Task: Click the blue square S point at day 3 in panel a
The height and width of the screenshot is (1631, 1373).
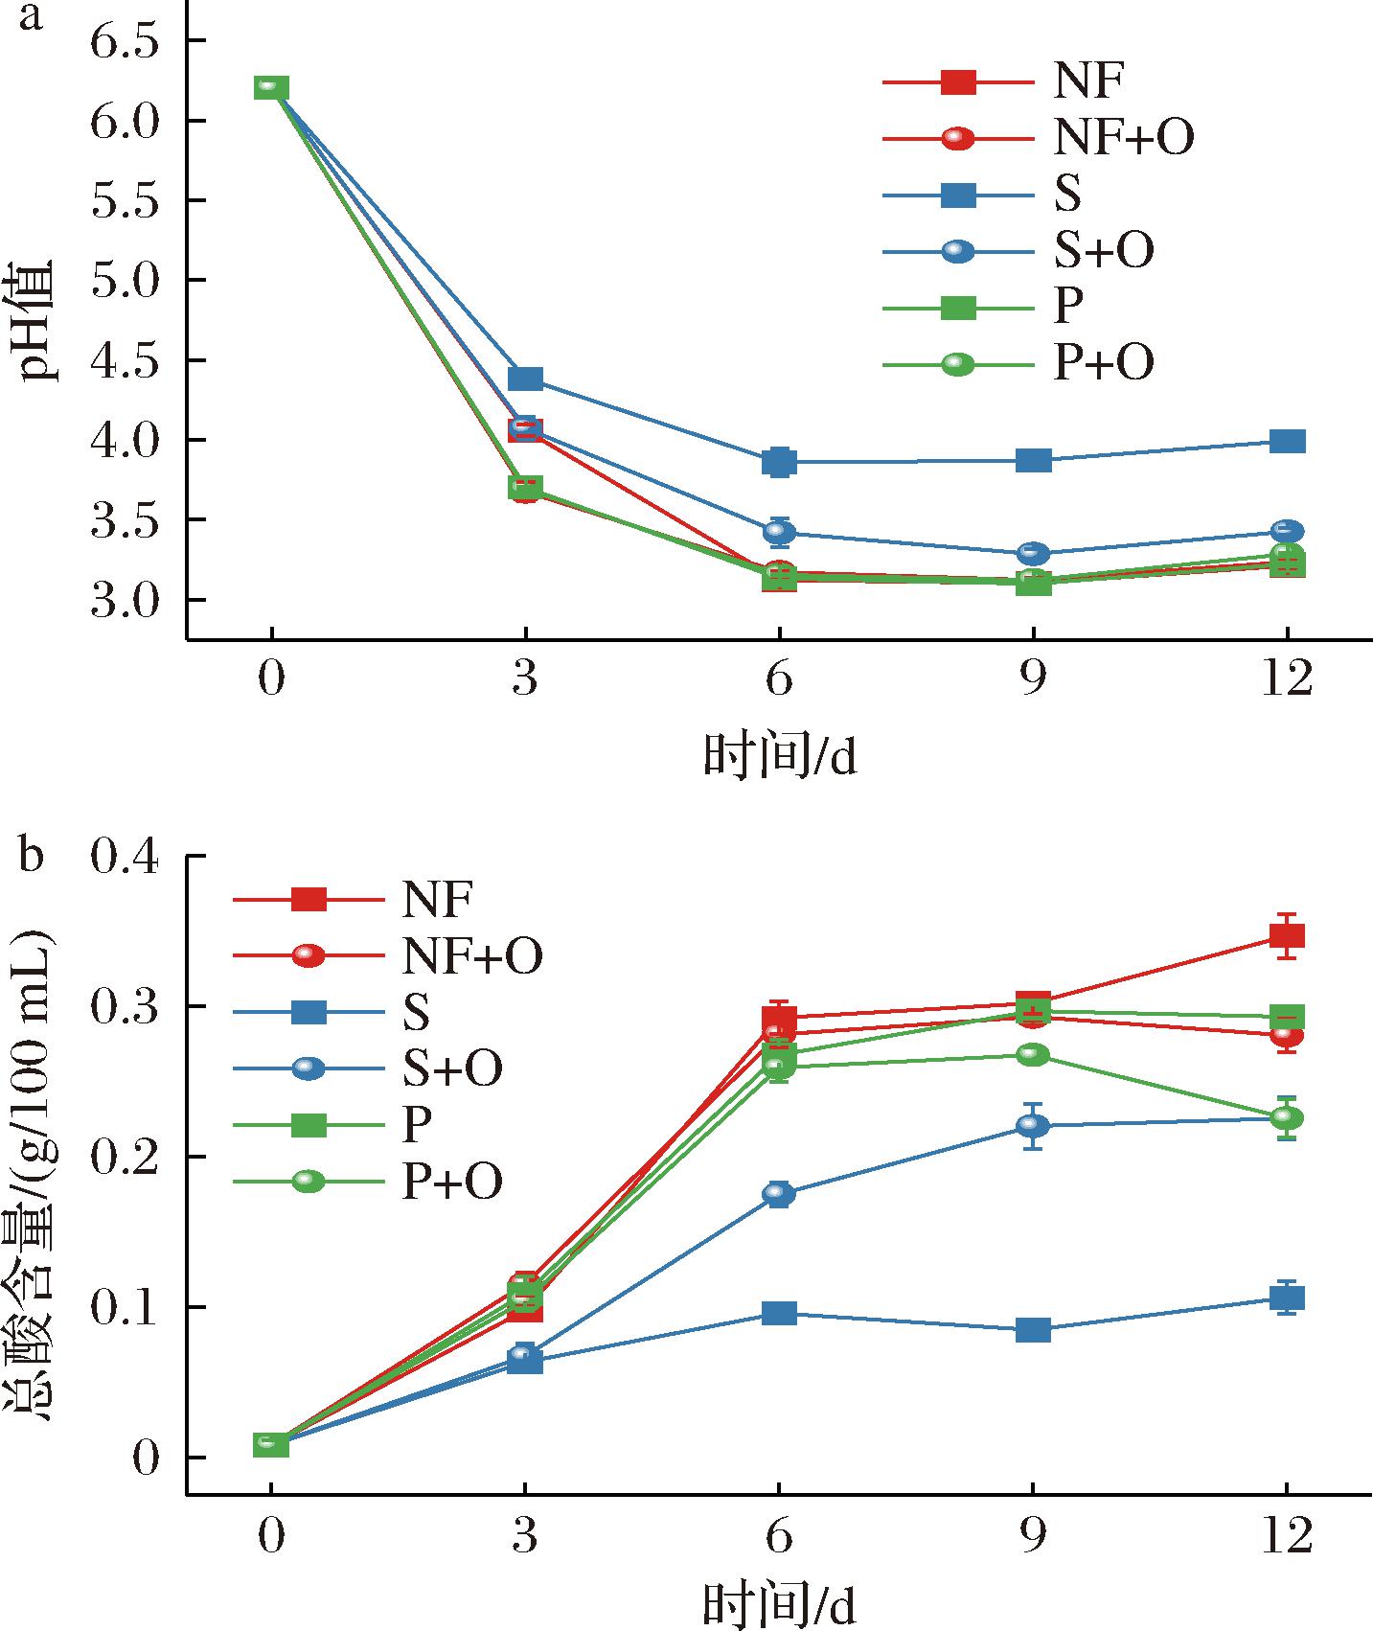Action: pos(525,379)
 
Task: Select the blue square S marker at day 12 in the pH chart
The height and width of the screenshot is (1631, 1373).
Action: pos(1287,441)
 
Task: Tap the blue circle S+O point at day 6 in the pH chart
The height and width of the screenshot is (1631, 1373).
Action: pos(779,532)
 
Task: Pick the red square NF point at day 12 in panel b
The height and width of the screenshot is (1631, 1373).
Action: pos(1287,936)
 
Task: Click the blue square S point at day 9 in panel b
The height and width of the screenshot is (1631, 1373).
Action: pos(1033,1329)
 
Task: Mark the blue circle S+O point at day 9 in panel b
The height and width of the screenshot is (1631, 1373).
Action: pos(1033,1126)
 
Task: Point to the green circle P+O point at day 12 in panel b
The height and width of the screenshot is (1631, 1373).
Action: pos(1287,1117)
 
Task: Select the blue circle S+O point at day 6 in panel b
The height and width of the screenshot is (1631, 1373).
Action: pos(779,1193)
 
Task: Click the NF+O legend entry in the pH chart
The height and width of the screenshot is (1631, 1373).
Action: pos(1123,138)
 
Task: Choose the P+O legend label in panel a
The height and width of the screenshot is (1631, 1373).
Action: pos(1104,363)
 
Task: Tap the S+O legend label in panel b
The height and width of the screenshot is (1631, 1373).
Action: pos(451,1068)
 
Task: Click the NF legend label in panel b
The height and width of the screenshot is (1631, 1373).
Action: pos(437,899)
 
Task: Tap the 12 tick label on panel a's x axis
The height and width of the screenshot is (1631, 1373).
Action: pos(1286,681)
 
